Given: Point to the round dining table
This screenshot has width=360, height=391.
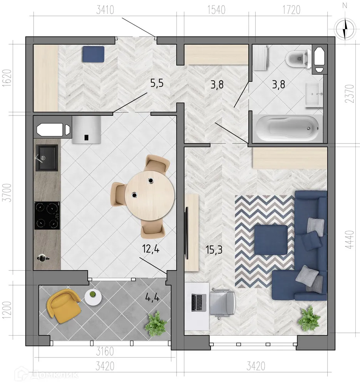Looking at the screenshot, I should (150, 195).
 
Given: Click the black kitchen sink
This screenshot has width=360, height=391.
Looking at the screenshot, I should (47, 157).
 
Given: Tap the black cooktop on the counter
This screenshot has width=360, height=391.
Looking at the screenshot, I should (47, 216).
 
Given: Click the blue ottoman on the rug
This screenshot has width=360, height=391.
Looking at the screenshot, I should (271, 240).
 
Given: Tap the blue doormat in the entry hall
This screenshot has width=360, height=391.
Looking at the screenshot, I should (93, 54).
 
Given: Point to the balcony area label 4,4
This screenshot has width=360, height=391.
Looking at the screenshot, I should (153, 297).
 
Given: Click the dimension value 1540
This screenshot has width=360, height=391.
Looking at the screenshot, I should (216, 10).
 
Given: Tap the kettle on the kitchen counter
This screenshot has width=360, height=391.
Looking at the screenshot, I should (42, 257).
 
